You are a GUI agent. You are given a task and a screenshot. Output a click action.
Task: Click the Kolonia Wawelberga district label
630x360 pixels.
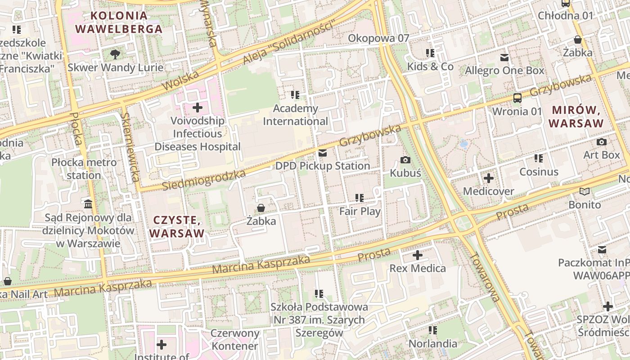(118, 22)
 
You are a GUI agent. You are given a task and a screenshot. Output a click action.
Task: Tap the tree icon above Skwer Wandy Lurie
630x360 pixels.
(115, 54)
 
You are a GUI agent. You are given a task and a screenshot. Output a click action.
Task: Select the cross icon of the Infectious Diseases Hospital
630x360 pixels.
(197, 108)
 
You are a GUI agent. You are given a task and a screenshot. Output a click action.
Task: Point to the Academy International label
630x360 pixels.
(296, 115)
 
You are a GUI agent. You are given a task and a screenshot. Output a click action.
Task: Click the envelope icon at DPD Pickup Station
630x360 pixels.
(322, 153)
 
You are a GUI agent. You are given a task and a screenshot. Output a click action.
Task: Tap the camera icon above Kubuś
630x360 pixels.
(405, 160)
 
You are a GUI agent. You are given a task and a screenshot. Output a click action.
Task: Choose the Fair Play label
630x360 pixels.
(360, 211)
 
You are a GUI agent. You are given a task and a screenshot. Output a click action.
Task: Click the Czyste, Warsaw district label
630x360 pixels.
(176, 226)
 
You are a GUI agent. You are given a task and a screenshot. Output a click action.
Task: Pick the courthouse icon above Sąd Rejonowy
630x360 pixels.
(88, 204)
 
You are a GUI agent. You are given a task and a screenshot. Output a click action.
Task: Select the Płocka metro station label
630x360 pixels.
(84, 168)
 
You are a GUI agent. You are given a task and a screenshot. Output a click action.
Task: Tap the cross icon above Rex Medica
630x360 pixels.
(418, 256)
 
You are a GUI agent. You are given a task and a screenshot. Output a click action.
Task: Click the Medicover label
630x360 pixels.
(488, 191)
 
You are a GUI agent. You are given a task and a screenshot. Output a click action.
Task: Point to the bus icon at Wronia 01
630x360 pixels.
(517, 98)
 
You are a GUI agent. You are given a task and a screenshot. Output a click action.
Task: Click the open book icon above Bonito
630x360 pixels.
(584, 192)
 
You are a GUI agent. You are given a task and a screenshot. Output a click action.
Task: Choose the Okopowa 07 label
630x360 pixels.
(378, 38)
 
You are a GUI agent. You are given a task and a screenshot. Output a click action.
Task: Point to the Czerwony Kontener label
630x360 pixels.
(235, 339)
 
